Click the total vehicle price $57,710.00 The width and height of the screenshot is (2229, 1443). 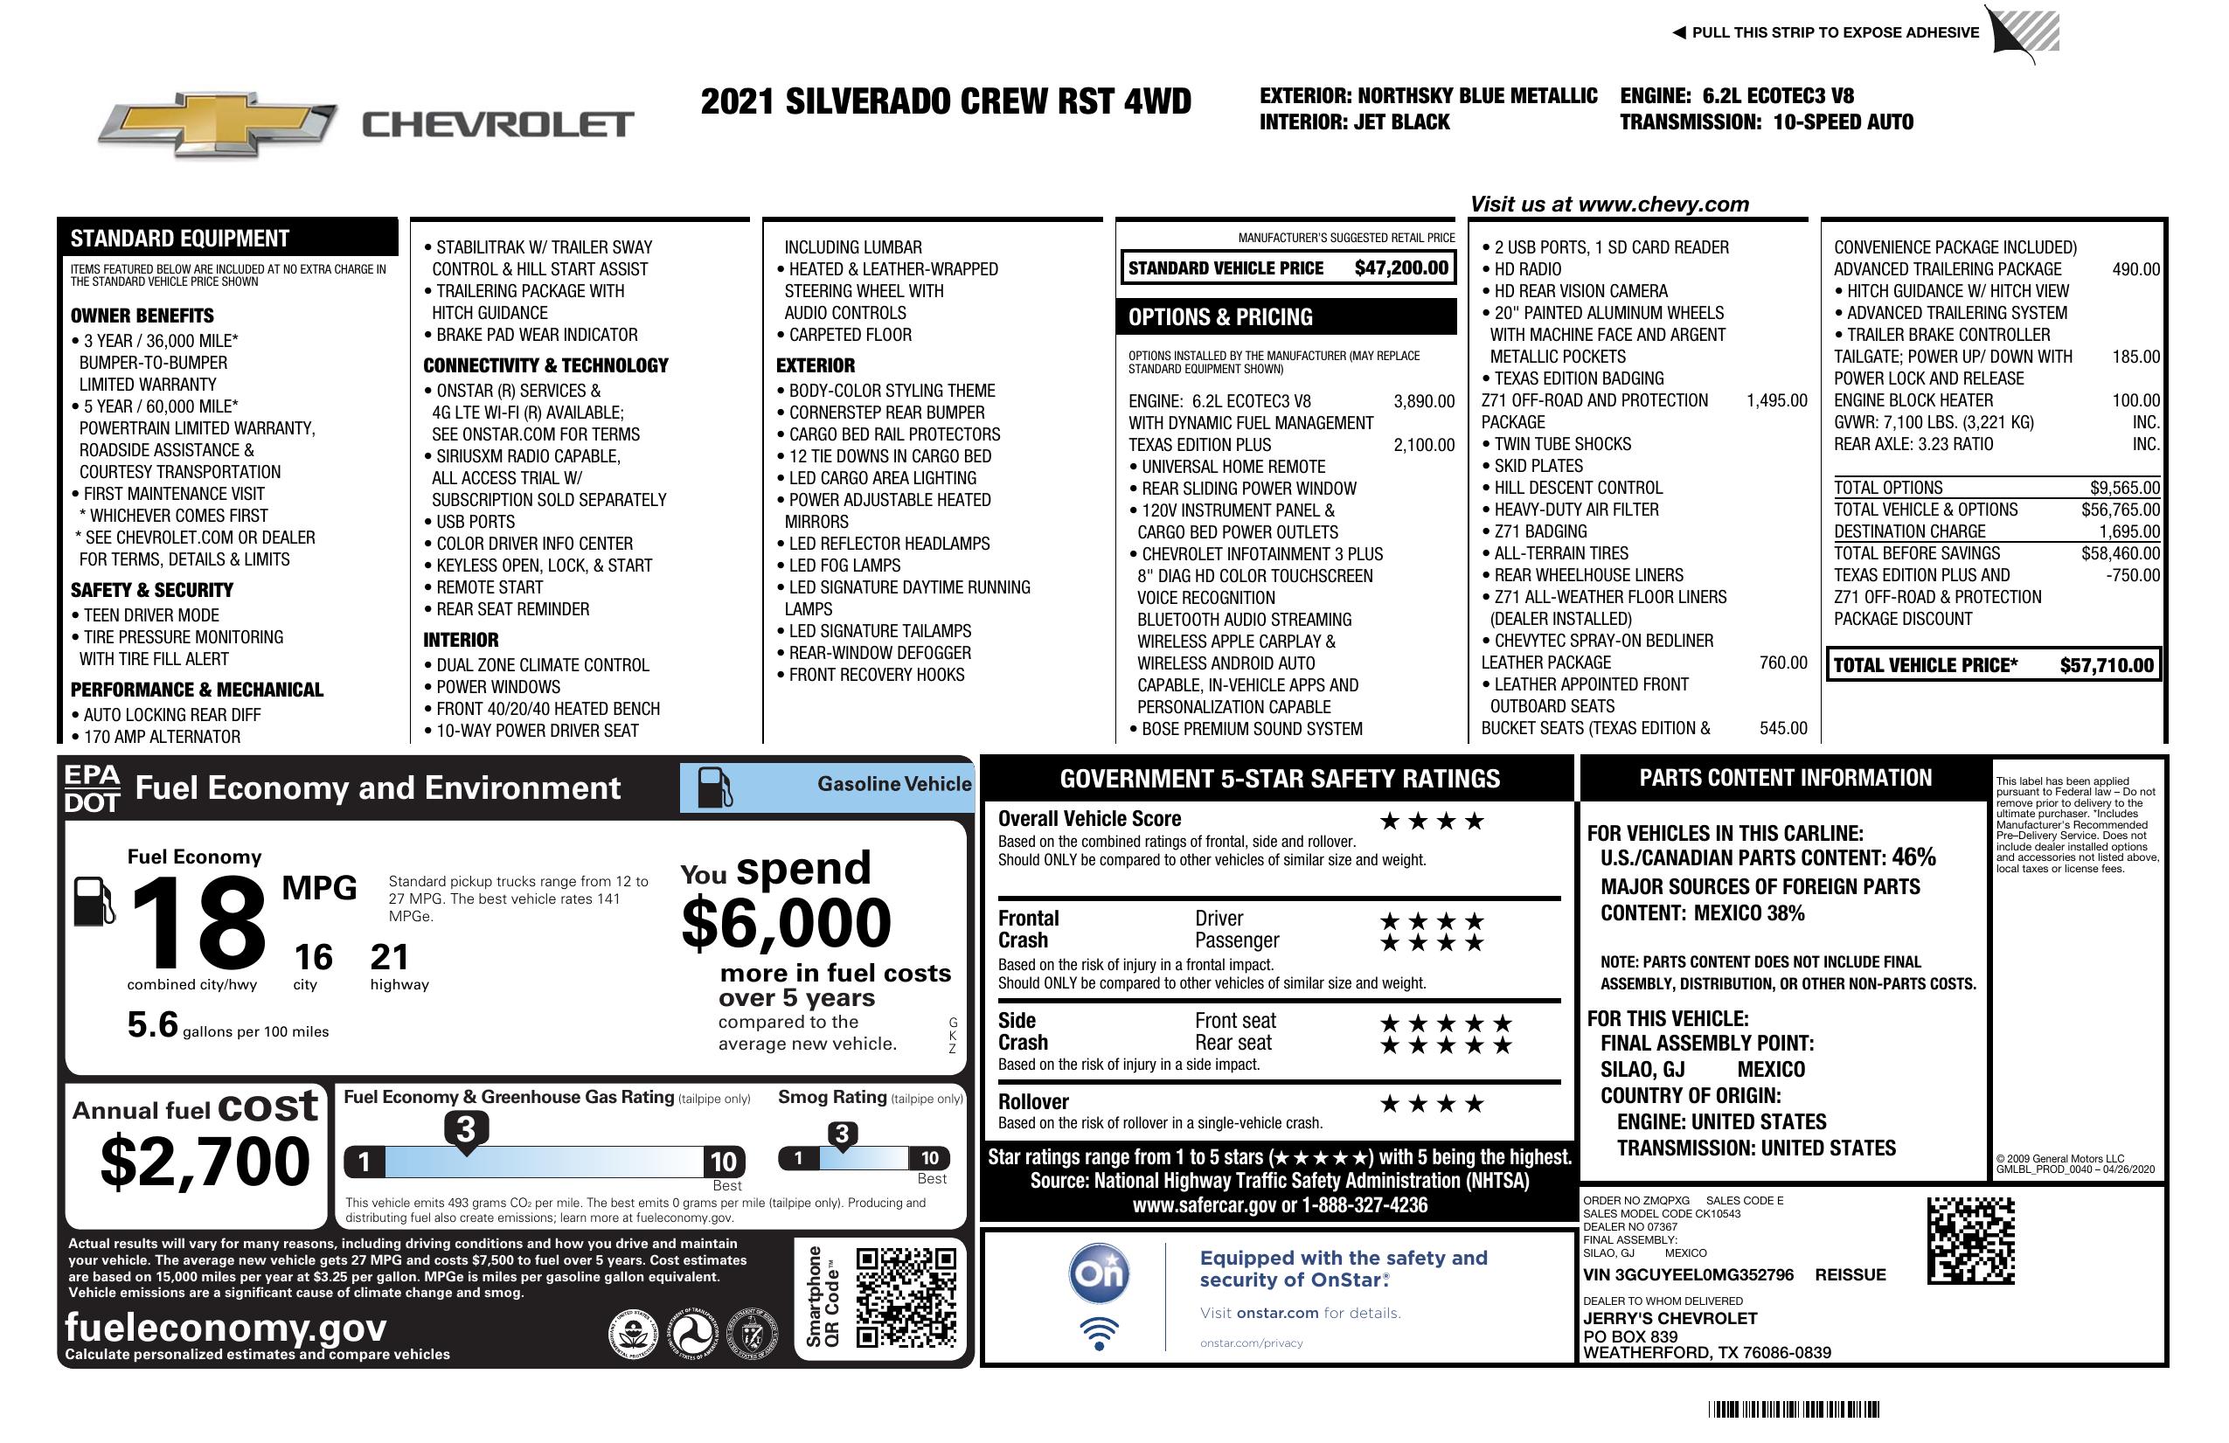tap(2107, 666)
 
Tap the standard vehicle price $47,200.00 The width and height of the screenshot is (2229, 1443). tap(1401, 267)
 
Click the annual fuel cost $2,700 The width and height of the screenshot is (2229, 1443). tap(205, 1162)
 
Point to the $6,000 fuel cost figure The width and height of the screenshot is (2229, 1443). tap(786, 923)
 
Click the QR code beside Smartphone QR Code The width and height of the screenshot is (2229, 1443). tap(906, 1297)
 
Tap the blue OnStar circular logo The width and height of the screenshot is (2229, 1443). tap(1100, 1273)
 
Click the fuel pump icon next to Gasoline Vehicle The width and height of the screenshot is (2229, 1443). tap(715, 787)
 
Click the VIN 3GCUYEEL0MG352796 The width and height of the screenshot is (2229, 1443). tap(1688, 1275)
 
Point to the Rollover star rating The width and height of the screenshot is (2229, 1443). tap(1432, 1104)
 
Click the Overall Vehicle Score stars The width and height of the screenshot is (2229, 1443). tap(1432, 822)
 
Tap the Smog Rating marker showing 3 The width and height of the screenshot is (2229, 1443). tap(841, 1135)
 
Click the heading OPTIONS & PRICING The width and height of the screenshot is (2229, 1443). tap(1219, 317)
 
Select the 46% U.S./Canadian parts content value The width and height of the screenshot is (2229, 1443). tap(1913, 857)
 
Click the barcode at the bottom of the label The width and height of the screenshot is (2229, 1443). tap(1794, 1409)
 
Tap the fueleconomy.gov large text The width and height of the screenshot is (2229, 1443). tap(226, 1328)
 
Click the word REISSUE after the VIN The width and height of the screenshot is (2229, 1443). tap(1850, 1275)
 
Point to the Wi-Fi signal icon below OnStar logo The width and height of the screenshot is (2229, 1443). tap(1100, 1334)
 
